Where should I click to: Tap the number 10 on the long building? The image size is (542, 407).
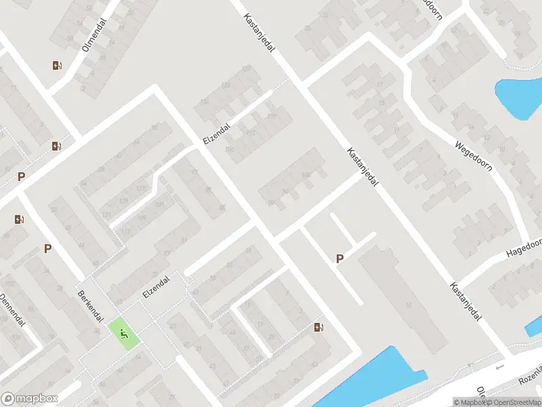point(408,306)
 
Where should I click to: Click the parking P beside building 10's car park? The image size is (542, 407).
point(340,258)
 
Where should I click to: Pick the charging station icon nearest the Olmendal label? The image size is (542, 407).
point(56,66)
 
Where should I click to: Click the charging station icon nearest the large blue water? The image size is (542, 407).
point(318,328)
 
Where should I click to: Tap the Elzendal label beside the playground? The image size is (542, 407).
point(156,288)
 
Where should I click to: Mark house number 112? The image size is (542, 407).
point(249,132)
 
